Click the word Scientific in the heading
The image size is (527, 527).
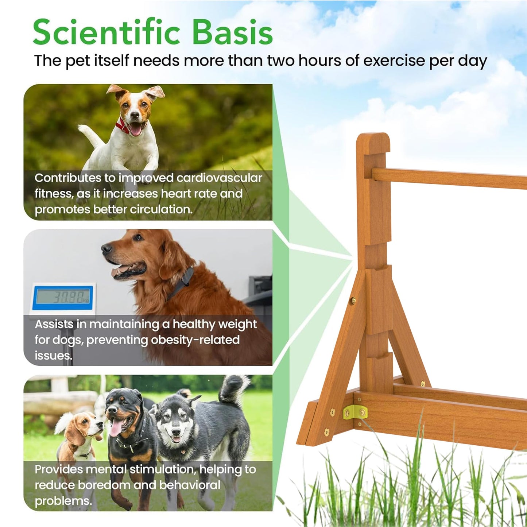tap(106, 32)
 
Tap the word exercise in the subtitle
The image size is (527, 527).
tap(394, 61)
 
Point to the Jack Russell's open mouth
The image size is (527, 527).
tap(136, 129)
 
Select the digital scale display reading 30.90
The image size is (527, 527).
tap(63, 297)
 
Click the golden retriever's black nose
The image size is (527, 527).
tap(106, 249)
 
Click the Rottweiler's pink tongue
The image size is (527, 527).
tap(116, 428)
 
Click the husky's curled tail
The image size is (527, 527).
tap(233, 388)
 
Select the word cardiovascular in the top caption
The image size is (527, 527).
tap(219, 178)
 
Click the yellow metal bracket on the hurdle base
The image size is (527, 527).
tap(355, 412)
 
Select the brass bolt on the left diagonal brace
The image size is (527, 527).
tap(353, 301)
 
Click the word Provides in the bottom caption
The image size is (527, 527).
tap(59, 469)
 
